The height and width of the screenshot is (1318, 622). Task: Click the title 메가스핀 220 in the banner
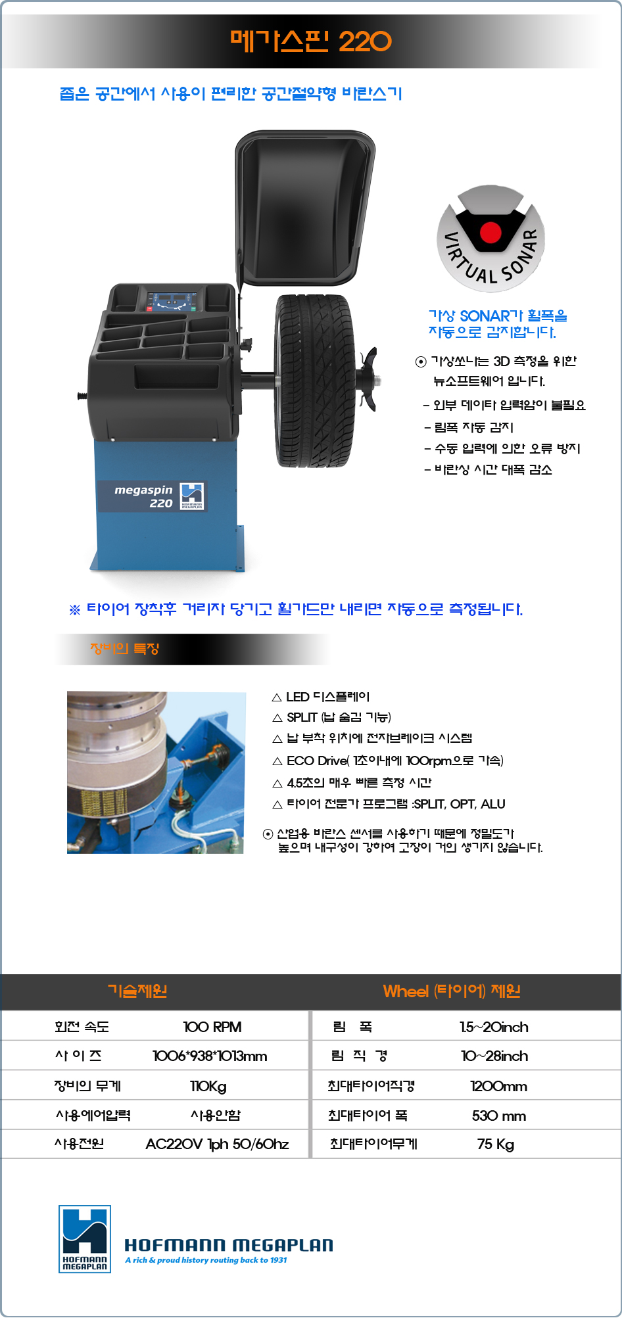[x=310, y=41]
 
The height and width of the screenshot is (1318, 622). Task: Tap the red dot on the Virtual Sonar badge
[x=490, y=232]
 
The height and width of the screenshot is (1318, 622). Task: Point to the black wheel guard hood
[x=304, y=207]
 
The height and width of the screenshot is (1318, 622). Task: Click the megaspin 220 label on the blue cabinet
[x=152, y=496]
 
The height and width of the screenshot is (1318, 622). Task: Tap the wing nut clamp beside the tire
[x=368, y=379]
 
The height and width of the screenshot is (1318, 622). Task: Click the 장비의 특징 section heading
[x=125, y=649]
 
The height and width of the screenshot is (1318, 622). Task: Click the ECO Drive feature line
[x=388, y=761]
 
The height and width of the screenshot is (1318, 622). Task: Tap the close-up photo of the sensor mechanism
[x=156, y=772]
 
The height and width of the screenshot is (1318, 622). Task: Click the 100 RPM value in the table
[x=212, y=1027]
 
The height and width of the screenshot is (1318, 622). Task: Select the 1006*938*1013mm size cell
[x=210, y=1056]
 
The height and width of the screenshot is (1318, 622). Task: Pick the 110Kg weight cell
[x=208, y=1086]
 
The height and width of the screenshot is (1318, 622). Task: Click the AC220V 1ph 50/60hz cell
[x=217, y=1144]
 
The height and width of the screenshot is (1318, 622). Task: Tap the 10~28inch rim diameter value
[x=494, y=1056]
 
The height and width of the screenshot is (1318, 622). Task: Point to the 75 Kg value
[x=496, y=1144]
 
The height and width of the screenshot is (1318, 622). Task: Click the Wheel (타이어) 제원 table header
[x=452, y=991]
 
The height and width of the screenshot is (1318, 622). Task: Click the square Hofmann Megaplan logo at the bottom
[x=85, y=1239]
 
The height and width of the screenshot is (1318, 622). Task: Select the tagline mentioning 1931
[x=206, y=1260]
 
